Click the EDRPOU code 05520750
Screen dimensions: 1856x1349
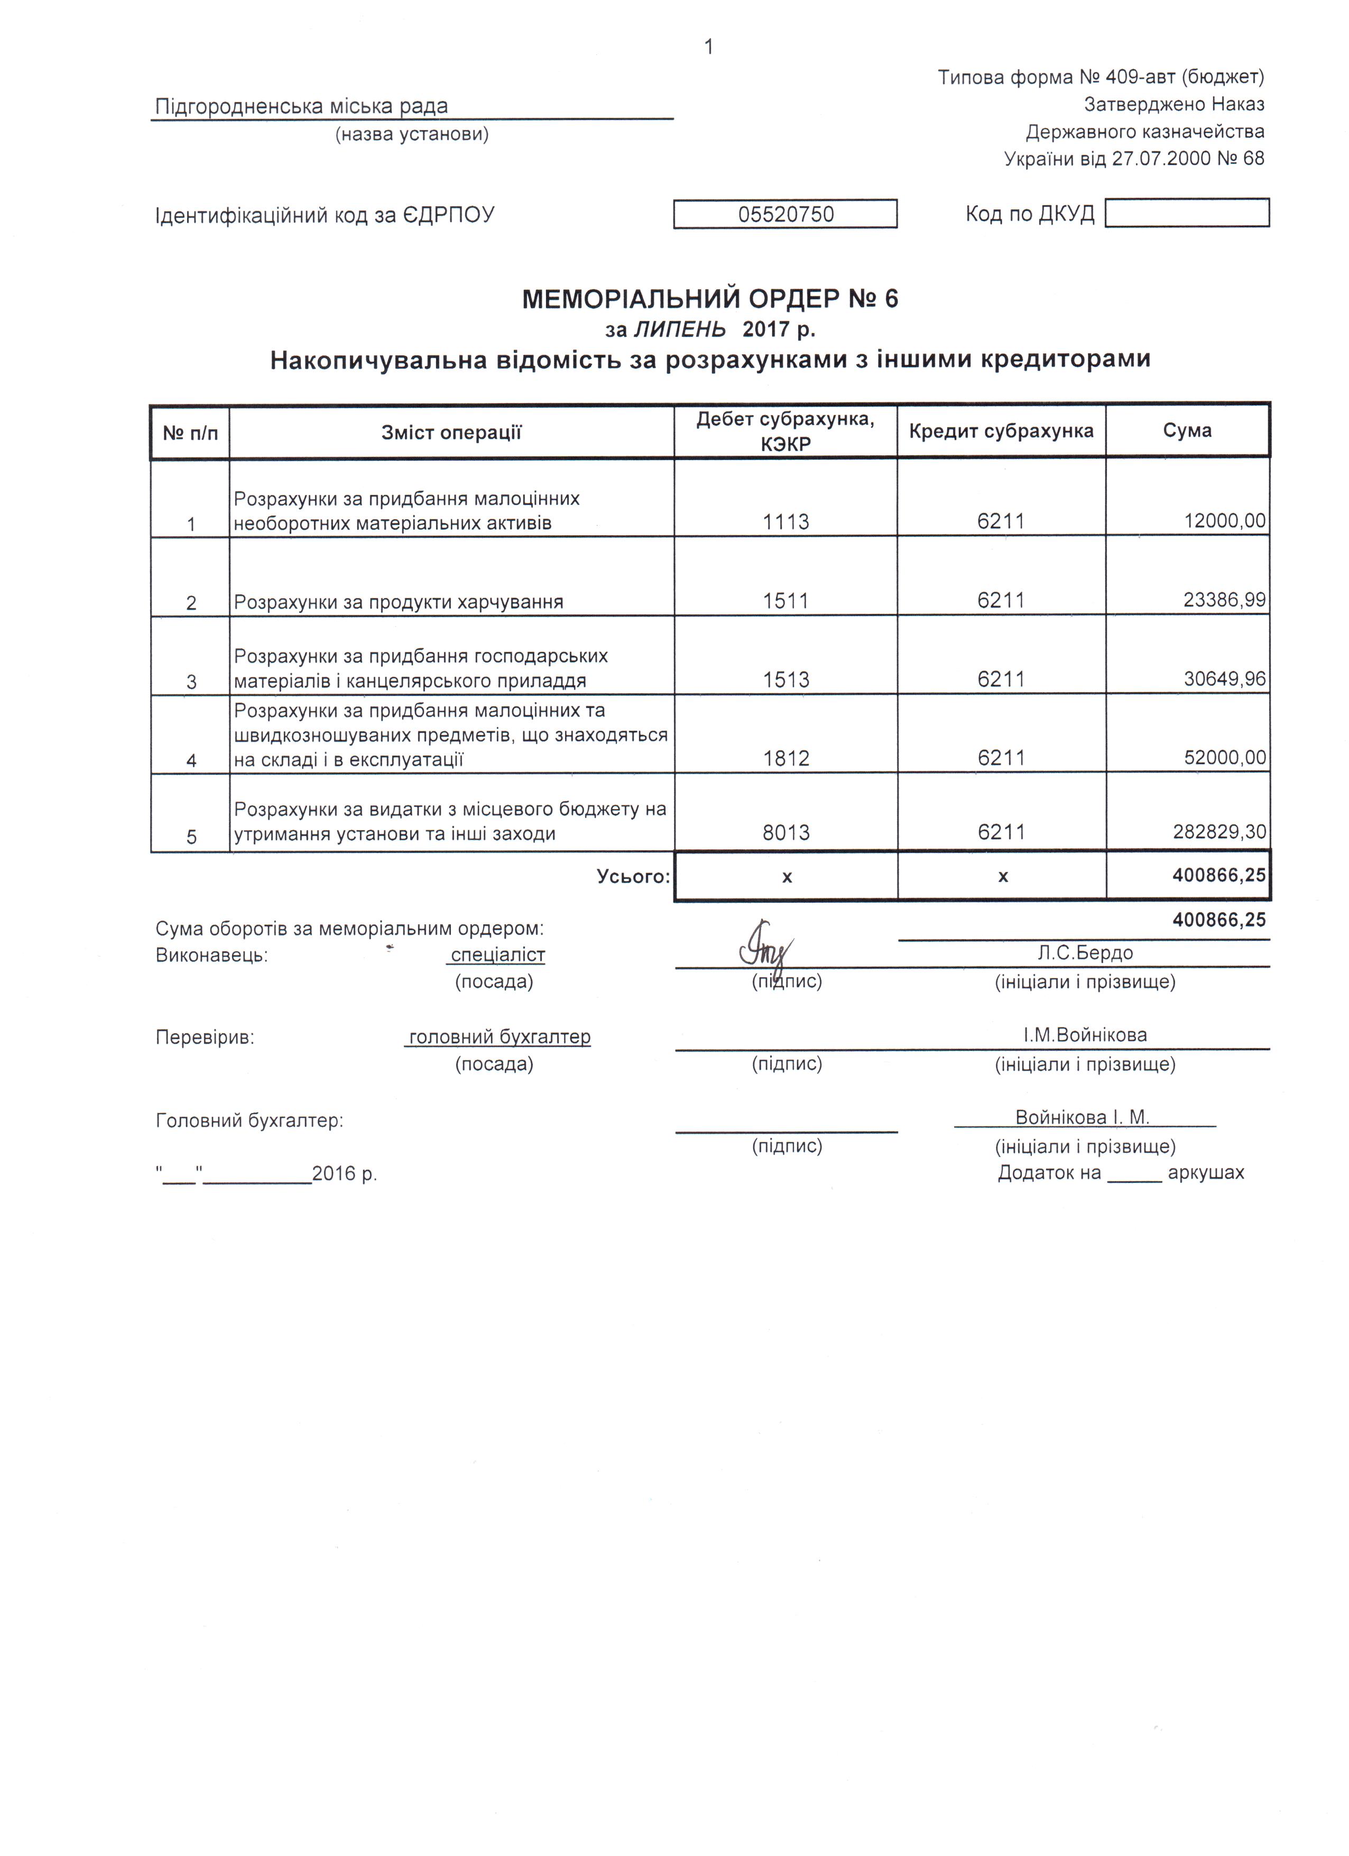tap(786, 214)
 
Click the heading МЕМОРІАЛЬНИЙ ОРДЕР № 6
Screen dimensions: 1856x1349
tap(709, 299)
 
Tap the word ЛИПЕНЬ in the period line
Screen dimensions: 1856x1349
tap(679, 329)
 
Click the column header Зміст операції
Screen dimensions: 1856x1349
tap(451, 432)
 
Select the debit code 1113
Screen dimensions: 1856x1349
tap(786, 521)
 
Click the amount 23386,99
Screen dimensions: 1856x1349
tap(1224, 600)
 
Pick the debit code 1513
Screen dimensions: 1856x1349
tap(786, 679)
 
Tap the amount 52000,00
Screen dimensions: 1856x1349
tap(1225, 758)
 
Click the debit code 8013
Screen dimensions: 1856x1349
tap(786, 832)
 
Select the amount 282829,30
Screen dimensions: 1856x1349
tap(1219, 832)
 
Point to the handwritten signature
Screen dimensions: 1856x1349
tap(765, 948)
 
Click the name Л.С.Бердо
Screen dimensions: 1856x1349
tap(1085, 952)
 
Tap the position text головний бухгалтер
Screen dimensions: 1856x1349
tap(499, 1037)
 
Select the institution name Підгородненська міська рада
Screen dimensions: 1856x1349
tap(301, 106)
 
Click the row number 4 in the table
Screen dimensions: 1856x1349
tap(191, 760)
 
